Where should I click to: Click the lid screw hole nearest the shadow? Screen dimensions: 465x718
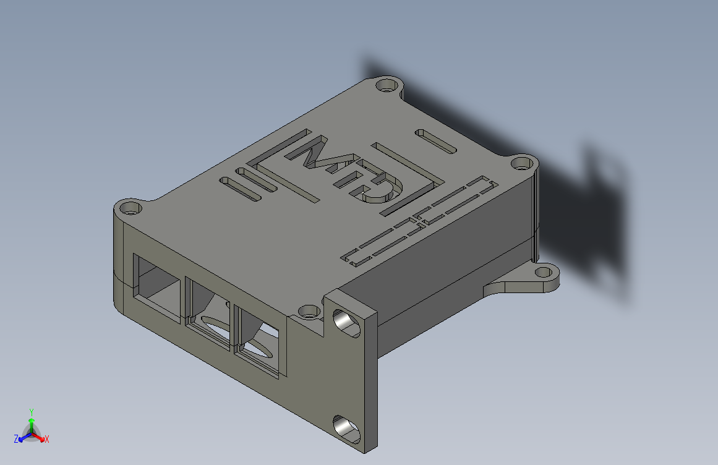387,85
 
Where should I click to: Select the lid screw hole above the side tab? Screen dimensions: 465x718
522,164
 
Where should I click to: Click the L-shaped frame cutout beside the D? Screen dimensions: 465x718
411,179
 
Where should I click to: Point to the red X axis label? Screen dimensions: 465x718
47,439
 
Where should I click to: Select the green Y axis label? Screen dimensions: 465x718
31,411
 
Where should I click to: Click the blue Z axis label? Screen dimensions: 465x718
15,439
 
